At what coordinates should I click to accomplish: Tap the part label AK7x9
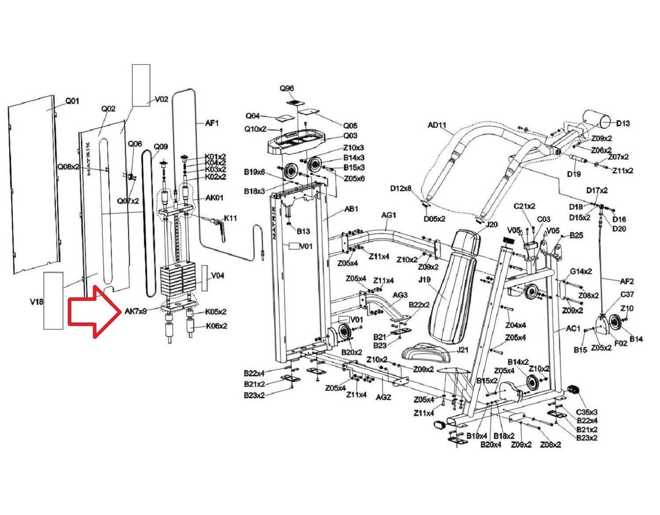(136, 311)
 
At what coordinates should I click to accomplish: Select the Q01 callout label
(72, 101)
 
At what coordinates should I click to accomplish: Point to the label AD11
(437, 125)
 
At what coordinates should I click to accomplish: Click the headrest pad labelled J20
(467, 241)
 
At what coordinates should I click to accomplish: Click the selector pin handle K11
(220, 230)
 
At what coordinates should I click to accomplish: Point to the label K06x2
(217, 326)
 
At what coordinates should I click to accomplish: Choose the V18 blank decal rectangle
(53, 300)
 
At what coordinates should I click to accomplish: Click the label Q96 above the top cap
(287, 88)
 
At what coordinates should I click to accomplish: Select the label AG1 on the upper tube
(389, 215)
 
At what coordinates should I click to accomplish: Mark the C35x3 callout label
(587, 412)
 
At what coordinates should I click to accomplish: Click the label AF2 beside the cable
(627, 282)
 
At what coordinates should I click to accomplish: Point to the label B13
(303, 231)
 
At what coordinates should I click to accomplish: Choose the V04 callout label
(218, 276)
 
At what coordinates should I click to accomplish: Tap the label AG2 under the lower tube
(383, 397)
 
